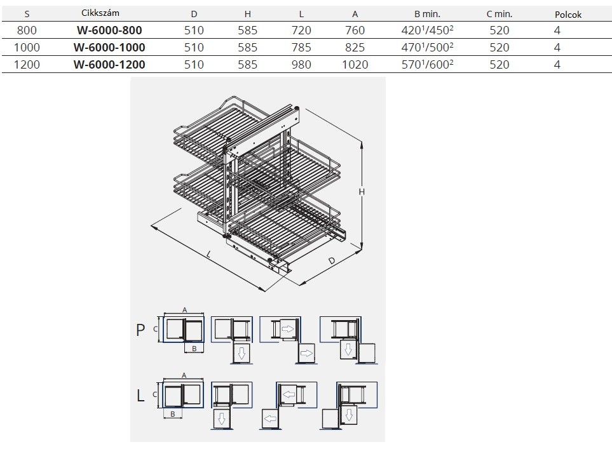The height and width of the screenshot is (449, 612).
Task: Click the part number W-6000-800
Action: pyautogui.click(x=109, y=30)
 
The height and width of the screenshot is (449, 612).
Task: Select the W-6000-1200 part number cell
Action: pyautogui.click(x=109, y=64)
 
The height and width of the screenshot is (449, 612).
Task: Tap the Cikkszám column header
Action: pyautogui.click(x=100, y=13)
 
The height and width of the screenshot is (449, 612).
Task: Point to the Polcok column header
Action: pyautogui.click(x=568, y=15)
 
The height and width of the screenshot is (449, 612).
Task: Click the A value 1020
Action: pyautogui.click(x=355, y=64)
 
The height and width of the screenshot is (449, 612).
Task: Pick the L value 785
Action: pyautogui.click(x=301, y=47)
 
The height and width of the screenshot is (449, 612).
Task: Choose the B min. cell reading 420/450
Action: pyautogui.click(x=428, y=30)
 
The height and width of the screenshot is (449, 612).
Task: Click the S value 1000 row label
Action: pyautogui.click(x=27, y=47)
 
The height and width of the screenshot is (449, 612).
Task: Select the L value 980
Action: pyautogui.click(x=301, y=64)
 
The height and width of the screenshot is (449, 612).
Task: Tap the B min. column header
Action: pyautogui.click(x=428, y=14)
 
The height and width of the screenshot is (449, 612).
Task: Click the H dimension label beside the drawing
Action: pyautogui.click(x=362, y=192)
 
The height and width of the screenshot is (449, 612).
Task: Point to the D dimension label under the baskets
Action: pyautogui.click(x=332, y=260)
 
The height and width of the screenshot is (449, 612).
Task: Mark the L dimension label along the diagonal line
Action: pyautogui.click(x=209, y=255)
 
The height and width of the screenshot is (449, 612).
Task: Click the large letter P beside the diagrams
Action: pyautogui.click(x=140, y=330)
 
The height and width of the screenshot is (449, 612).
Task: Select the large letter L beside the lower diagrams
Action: pyautogui.click(x=140, y=396)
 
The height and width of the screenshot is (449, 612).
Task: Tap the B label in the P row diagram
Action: pyautogui.click(x=194, y=349)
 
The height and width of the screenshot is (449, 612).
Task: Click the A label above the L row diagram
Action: pyautogui.click(x=184, y=375)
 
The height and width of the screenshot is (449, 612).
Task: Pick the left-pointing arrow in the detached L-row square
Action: pyautogui.click(x=269, y=419)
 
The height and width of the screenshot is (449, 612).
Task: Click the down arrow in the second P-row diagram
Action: pyautogui.click(x=241, y=352)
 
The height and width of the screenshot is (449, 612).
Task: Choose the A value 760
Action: pyautogui.click(x=355, y=30)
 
